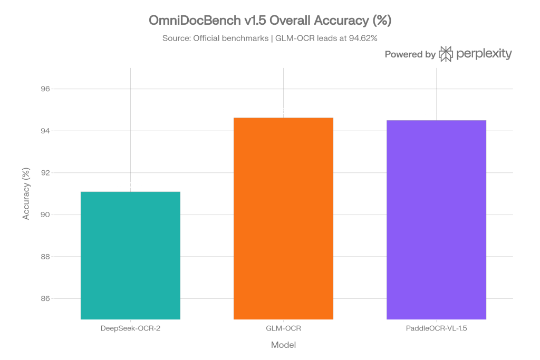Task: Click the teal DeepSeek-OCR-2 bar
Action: (x=130, y=256)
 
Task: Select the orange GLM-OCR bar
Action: (x=283, y=218)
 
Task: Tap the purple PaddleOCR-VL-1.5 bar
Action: (x=436, y=220)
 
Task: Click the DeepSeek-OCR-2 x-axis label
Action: (x=130, y=329)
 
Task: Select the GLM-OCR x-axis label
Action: (x=283, y=329)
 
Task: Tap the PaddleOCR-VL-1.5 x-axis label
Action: (x=436, y=329)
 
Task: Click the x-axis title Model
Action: (x=283, y=345)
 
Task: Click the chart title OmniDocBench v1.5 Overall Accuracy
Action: (x=270, y=21)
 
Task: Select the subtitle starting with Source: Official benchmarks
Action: (x=270, y=39)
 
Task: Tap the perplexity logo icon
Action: (x=446, y=54)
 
